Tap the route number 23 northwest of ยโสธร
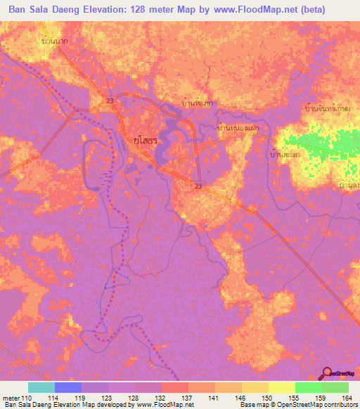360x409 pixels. [110, 101]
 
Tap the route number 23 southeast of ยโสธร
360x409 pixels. [199, 186]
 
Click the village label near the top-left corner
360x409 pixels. [58, 42]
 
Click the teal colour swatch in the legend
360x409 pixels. [41, 387]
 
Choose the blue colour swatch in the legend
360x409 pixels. [68, 387]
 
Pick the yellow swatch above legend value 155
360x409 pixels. [281, 387]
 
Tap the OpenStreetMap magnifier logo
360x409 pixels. [327, 373]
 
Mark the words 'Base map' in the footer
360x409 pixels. [252, 405]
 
